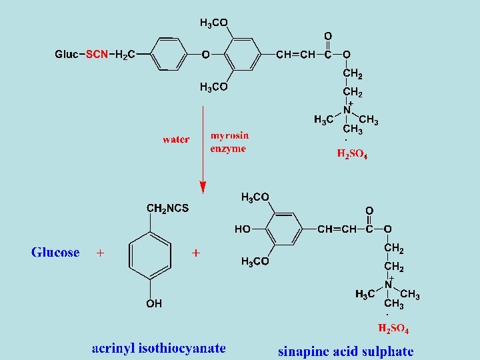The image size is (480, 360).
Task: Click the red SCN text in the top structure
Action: (97, 55)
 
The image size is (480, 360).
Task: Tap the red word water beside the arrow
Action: (176, 140)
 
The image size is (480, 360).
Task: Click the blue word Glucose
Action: (55, 253)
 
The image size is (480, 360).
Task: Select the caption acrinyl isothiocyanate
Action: (159, 348)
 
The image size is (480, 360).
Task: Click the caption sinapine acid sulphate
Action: (345, 351)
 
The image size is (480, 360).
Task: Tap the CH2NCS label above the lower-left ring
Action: (167, 209)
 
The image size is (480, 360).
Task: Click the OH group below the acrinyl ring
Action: (154, 304)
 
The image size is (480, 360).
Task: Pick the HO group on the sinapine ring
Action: (243, 229)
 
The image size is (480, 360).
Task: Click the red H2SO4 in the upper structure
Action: (352, 155)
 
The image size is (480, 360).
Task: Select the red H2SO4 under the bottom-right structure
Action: (393, 329)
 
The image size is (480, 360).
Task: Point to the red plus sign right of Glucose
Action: (101, 253)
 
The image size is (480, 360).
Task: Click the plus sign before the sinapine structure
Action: (196, 253)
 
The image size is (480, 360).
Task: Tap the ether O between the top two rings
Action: (205, 55)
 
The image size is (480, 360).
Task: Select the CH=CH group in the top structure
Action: (295, 55)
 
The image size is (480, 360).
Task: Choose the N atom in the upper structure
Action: (347, 109)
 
